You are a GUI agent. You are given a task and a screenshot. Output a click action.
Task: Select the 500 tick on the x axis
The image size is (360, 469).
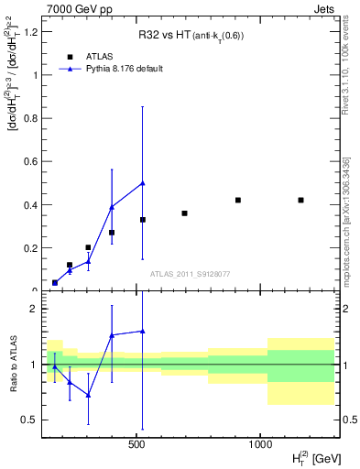136,445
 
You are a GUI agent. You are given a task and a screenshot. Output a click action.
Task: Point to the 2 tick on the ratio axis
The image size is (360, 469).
32,309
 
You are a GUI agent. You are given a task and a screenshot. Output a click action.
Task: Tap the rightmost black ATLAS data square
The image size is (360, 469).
300,200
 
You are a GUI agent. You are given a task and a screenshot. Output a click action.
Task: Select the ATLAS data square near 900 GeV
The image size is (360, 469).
237,200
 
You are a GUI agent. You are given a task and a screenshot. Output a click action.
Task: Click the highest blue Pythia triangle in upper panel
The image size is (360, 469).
143,182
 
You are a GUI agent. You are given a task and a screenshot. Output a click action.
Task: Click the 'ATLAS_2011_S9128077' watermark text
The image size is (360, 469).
191,274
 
